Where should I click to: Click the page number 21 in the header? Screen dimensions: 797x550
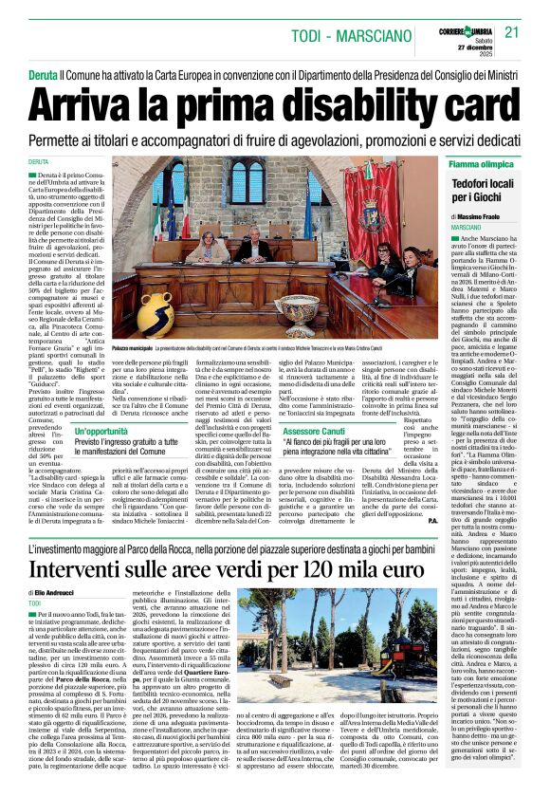(512, 32)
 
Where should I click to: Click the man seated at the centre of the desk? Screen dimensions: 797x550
(251, 250)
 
